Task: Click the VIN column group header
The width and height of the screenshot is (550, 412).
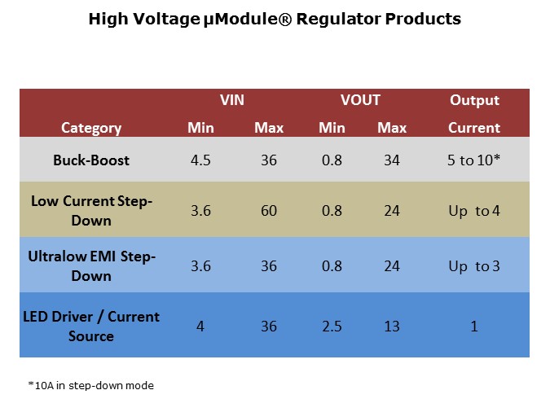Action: pos(232,101)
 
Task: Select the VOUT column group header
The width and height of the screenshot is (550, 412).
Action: pos(360,101)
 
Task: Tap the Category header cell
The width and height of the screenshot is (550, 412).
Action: pos(91,128)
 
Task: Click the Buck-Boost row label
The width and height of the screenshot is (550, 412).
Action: pos(91,160)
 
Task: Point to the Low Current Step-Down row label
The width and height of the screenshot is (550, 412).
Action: pos(91,210)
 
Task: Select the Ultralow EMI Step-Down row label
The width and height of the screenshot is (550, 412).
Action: pos(91,266)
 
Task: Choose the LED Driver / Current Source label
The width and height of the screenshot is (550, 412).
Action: pos(91,326)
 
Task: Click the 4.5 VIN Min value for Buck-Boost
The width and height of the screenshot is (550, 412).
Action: pos(200,160)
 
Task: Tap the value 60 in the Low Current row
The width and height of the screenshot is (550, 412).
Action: pos(269,211)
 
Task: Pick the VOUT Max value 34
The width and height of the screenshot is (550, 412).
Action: pos(392,160)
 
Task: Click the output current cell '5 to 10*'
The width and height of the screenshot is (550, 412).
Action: pos(474,160)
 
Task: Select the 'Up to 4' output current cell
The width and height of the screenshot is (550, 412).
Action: pos(474,211)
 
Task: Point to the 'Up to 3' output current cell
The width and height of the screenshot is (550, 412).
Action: pos(474,266)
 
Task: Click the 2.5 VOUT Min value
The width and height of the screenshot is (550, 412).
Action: pos(332,327)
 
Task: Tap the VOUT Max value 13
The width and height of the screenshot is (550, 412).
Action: pos(392,327)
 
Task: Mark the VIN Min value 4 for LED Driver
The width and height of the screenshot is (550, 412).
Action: pos(200,327)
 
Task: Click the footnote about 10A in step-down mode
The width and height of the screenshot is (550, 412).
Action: pos(86,385)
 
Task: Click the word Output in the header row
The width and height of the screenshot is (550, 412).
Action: pos(474,101)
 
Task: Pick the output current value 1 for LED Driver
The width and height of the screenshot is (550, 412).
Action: pos(474,327)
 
